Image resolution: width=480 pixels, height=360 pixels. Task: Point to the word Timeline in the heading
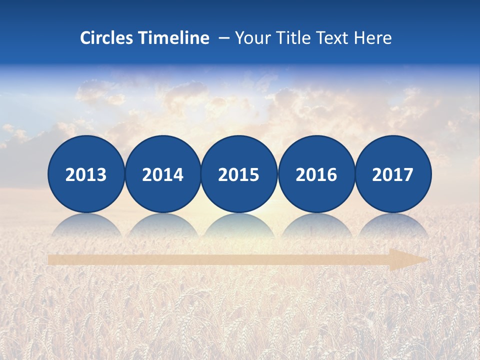(x=174, y=38)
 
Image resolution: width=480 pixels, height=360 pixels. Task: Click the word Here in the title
(x=373, y=38)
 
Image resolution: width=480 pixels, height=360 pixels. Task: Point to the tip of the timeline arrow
(x=427, y=259)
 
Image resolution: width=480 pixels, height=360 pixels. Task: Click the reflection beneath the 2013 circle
(x=86, y=225)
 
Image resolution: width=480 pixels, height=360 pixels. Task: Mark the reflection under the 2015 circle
(x=239, y=225)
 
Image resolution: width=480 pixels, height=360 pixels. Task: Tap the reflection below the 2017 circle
(x=393, y=225)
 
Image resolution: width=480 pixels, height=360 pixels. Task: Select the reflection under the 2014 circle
(x=162, y=225)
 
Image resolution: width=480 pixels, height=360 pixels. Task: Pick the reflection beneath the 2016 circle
(x=316, y=225)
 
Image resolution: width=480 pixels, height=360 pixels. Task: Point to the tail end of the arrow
(x=50, y=259)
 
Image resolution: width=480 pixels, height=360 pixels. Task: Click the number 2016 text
(x=316, y=175)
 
